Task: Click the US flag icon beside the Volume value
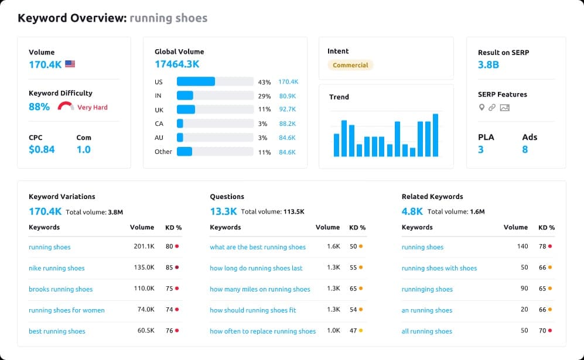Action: click(70, 64)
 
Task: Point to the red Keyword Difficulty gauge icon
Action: click(66, 107)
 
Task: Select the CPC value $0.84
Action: click(42, 149)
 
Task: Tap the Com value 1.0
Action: click(83, 149)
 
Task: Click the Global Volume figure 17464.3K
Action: click(177, 64)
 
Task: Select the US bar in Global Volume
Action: click(196, 82)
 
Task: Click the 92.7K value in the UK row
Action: click(287, 109)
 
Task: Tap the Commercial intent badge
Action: click(350, 65)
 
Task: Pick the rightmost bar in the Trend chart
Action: click(435, 135)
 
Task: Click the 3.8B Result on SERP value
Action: click(488, 64)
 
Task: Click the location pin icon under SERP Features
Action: click(481, 107)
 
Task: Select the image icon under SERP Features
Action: click(504, 107)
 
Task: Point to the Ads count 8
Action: click(525, 149)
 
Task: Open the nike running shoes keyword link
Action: click(56, 268)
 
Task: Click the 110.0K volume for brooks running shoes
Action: click(144, 289)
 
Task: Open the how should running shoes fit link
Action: click(253, 310)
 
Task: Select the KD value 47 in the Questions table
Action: click(353, 331)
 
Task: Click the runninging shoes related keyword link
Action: click(427, 289)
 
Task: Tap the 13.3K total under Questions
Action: click(223, 211)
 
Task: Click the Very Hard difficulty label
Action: click(93, 108)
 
